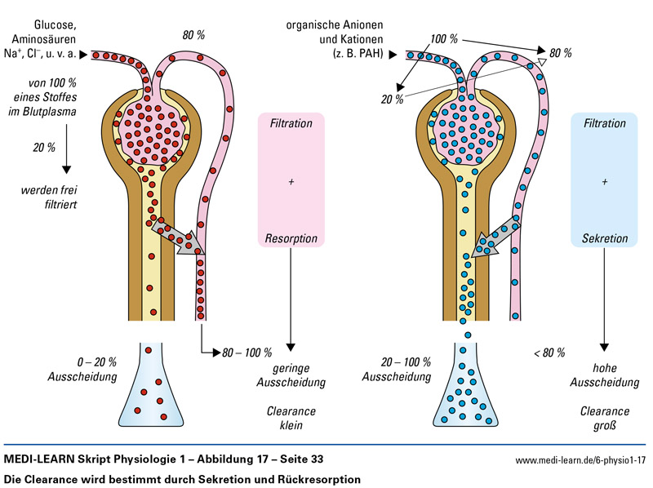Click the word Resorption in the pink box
pos(291,239)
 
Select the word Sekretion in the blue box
pos(604,239)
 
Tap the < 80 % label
pos(549,353)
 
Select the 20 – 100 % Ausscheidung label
pos(406,369)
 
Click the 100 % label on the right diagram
pos(444,39)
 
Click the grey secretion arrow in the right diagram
pos(493,236)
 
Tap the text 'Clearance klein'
pos(291,418)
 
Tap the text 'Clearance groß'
pos(604,418)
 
